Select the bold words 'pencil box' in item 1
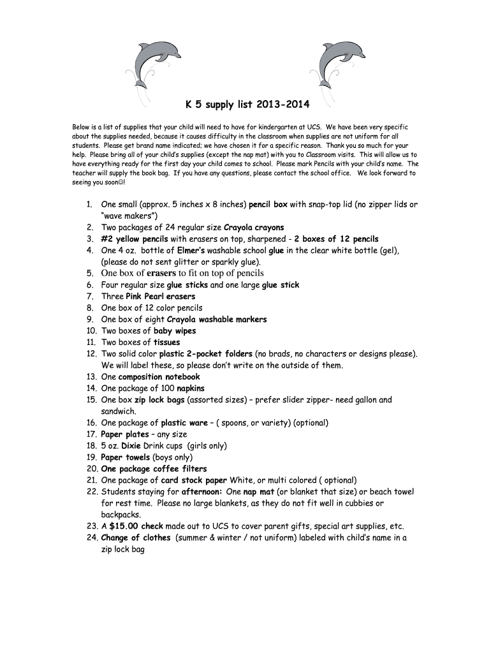point(268,205)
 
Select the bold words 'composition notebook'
point(159,377)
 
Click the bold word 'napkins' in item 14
point(191,388)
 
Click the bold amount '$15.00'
point(124,526)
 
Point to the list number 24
point(91,538)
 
